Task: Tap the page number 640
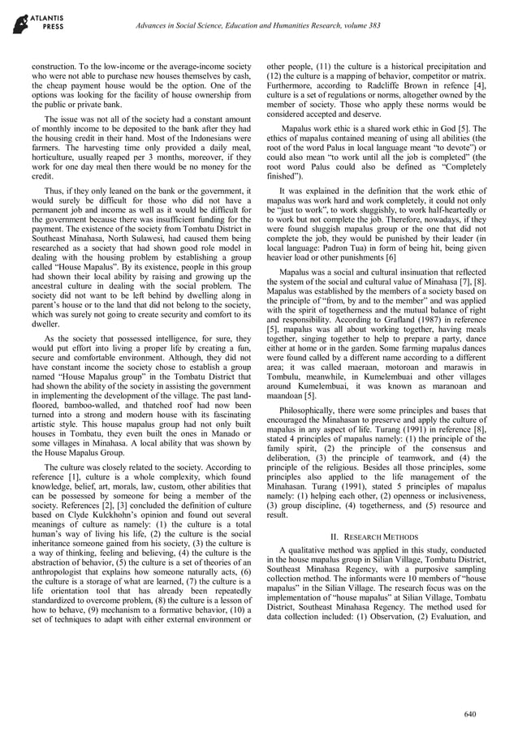[x=469, y=713]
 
